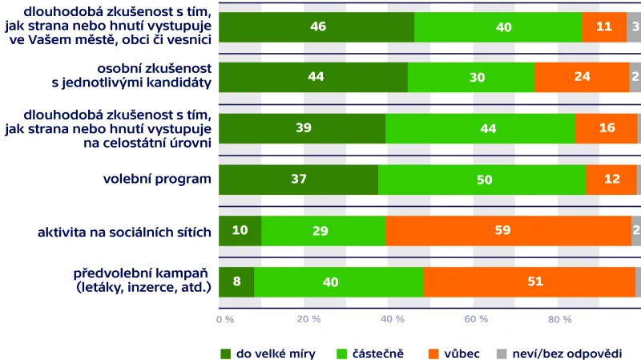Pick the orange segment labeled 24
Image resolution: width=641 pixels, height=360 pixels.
coord(582,77)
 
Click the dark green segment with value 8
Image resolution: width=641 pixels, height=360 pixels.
coord(236,281)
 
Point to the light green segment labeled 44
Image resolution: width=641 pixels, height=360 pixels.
coord(481,128)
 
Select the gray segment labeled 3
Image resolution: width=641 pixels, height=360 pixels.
coord(634,26)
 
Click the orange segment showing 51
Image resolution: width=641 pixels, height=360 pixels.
coord(529,281)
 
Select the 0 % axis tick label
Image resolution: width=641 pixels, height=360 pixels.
coord(225,320)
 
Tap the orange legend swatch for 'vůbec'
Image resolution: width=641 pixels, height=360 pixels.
coord(434,352)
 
